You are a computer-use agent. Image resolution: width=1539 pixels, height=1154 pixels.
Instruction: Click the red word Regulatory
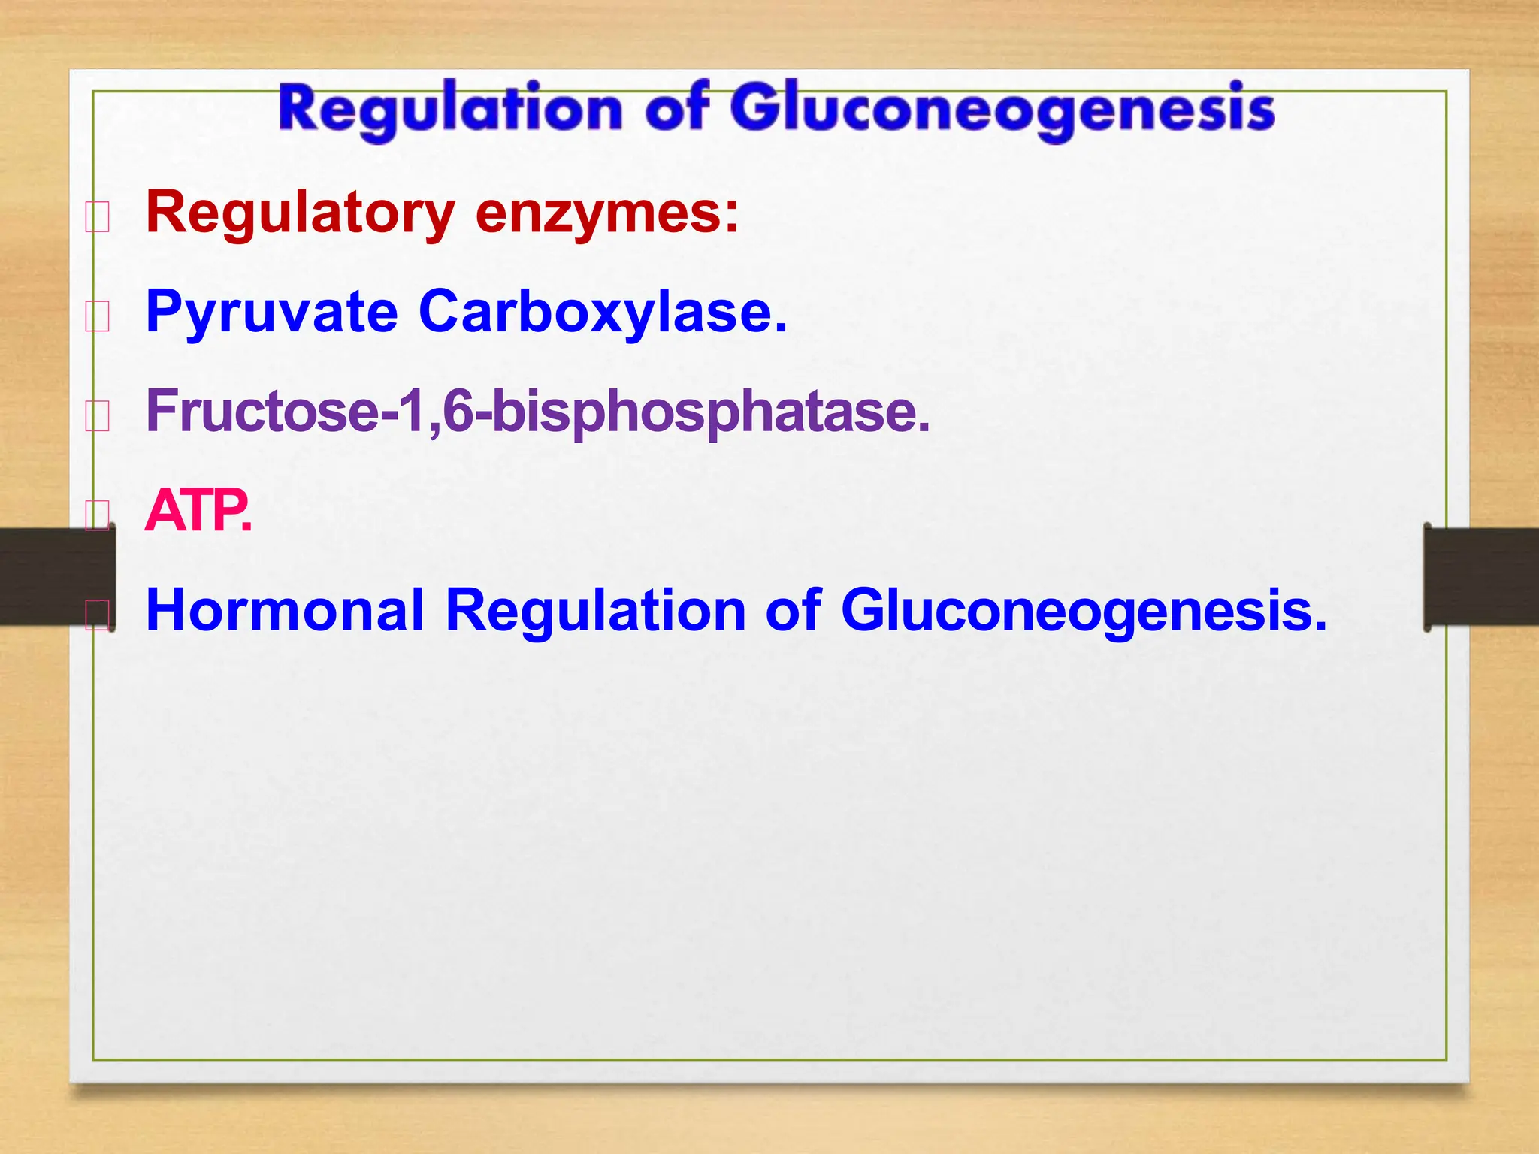click(301, 213)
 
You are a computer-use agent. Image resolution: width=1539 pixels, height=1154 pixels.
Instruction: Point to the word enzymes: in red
click(607, 213)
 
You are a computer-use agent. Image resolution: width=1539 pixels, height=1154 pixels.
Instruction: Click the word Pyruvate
click(271, 313)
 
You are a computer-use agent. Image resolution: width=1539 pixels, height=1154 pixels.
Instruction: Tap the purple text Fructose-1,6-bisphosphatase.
click(538, 412)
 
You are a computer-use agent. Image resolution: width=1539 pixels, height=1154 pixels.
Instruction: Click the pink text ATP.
click(198, 511)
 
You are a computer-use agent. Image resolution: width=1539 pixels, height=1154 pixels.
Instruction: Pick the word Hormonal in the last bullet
click(286, 610)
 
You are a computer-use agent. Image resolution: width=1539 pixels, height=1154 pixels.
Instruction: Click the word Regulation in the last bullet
click(595, 610)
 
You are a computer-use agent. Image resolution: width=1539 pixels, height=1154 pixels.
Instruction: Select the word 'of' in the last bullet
click(793, 610)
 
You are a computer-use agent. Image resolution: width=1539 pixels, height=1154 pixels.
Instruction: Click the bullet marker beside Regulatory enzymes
click(98, 217)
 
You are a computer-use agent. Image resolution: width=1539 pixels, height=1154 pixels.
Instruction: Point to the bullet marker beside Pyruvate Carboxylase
click(98, 316)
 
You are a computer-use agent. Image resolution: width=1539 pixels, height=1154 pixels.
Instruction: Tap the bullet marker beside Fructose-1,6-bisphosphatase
click(98, 415)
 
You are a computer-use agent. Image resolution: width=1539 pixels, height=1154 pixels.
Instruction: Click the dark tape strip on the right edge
click(1480, 576)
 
